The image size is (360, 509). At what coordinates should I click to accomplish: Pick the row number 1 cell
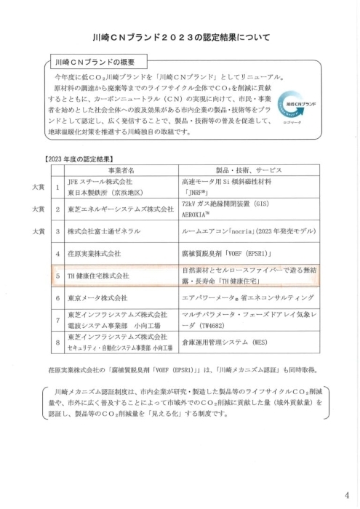56,186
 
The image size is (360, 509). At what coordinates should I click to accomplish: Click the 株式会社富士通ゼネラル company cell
108,231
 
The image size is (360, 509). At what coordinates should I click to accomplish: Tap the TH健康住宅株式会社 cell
98,276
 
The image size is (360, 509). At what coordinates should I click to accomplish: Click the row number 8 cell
56,341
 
